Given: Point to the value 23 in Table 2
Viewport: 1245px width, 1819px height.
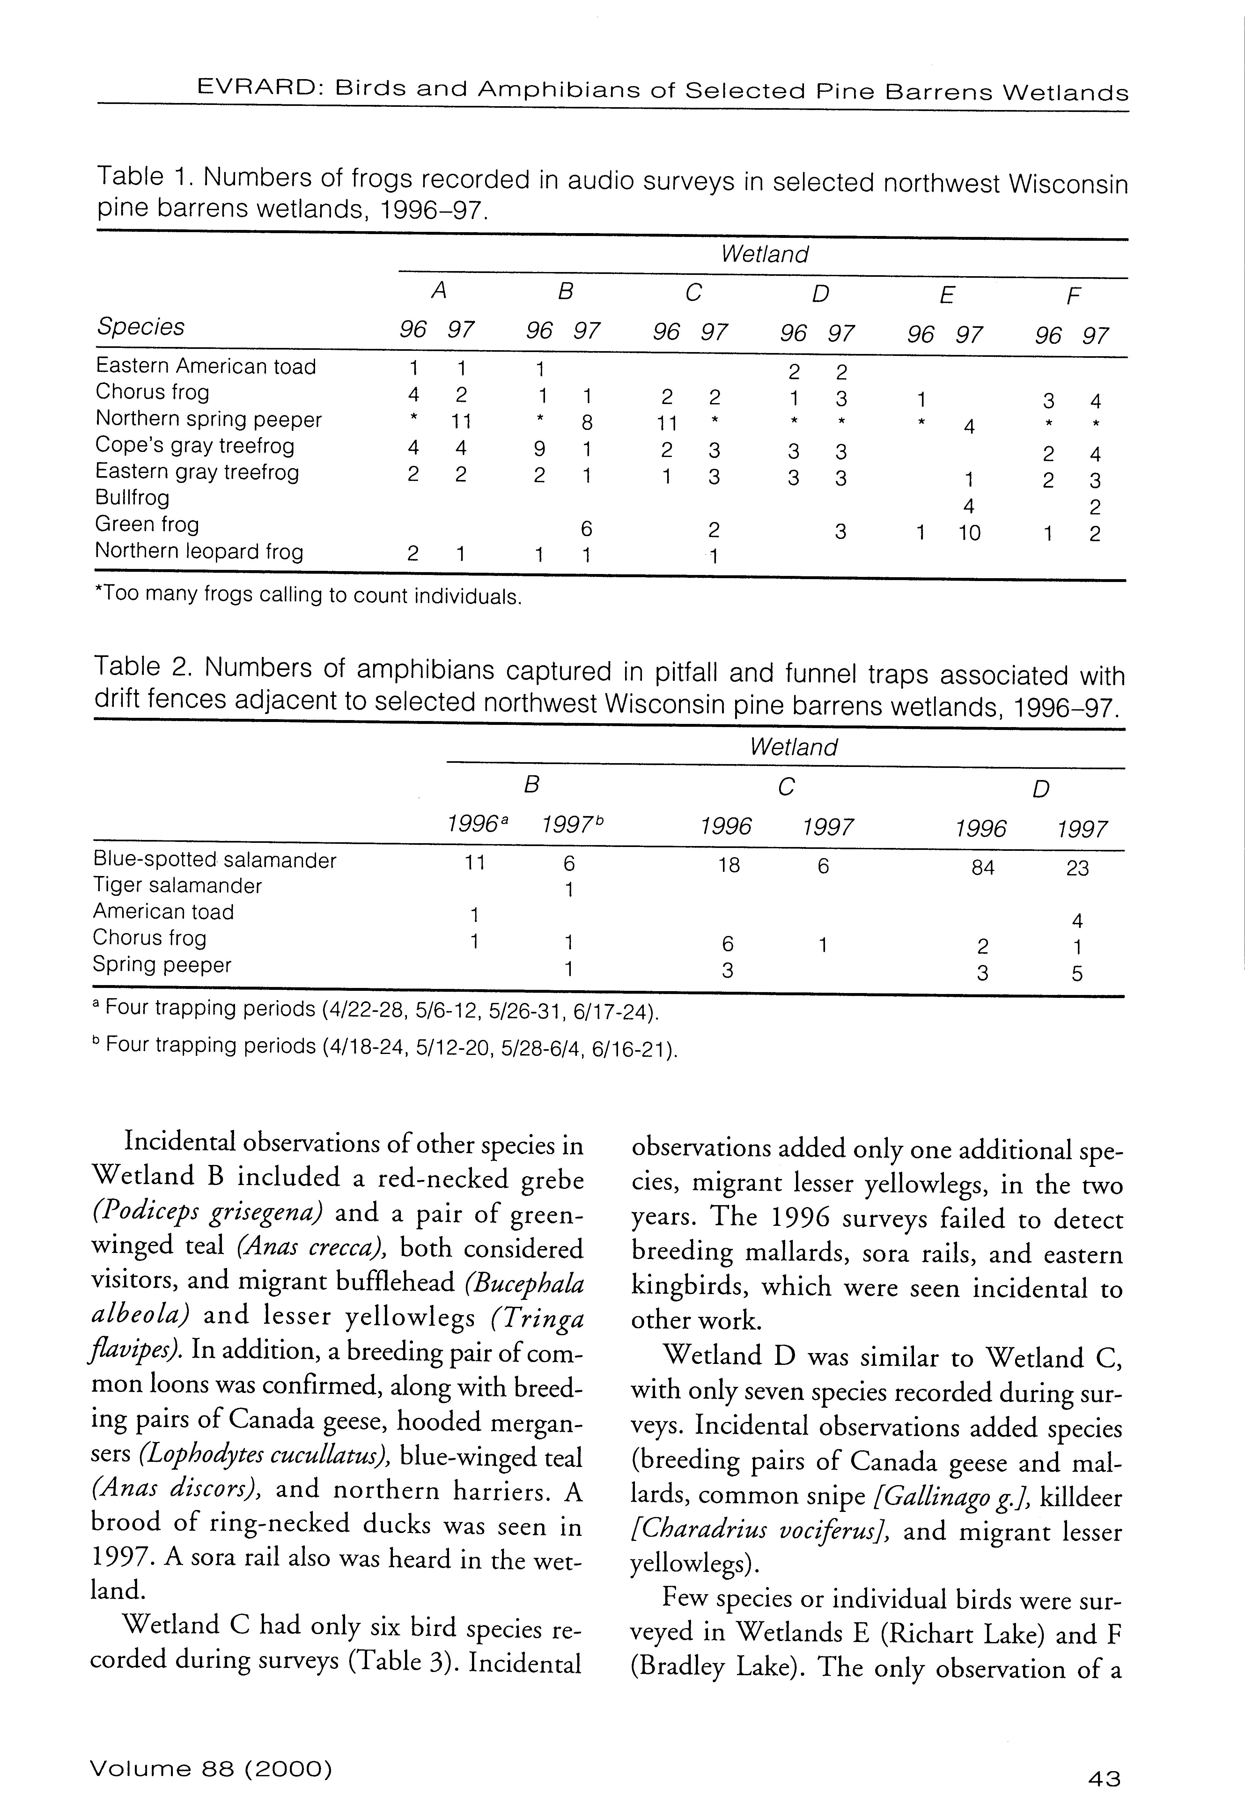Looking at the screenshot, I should pyautogui.click(x=1078, y=868).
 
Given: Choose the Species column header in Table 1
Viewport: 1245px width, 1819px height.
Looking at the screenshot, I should pyautogui.click(x=141, y=326).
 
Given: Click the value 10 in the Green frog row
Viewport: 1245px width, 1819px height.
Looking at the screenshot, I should pyautogui.click(x=969, y=533).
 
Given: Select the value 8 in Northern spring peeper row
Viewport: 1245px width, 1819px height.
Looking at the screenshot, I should pyautogui.click(x=586, y=423).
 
